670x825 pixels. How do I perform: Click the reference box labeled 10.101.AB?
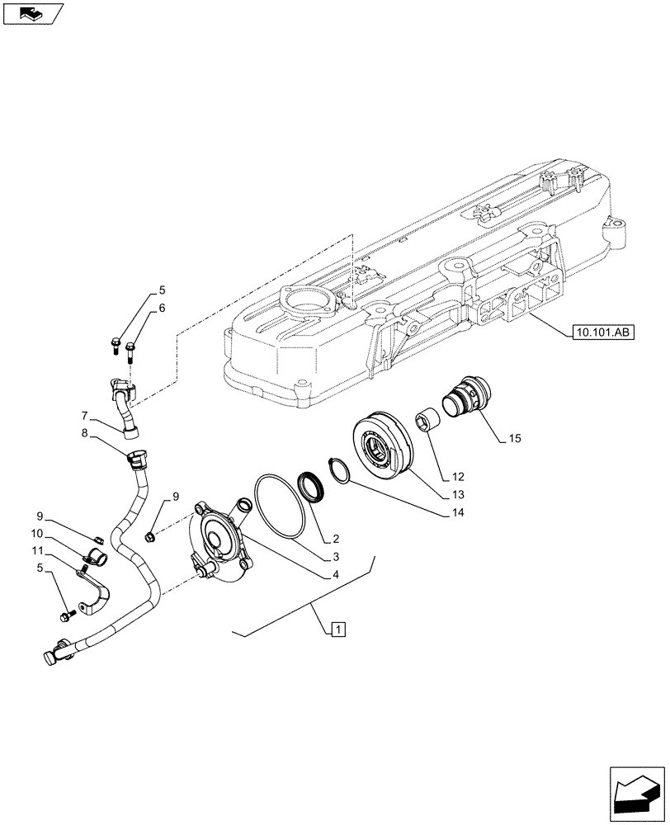(x=601, y=333)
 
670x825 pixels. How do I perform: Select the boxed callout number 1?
(x=337, y=630)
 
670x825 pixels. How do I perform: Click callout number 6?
(x=162, y=308)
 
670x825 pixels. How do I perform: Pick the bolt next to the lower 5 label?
(x=67, y=615)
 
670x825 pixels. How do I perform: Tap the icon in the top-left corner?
(x=33, y=13)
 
